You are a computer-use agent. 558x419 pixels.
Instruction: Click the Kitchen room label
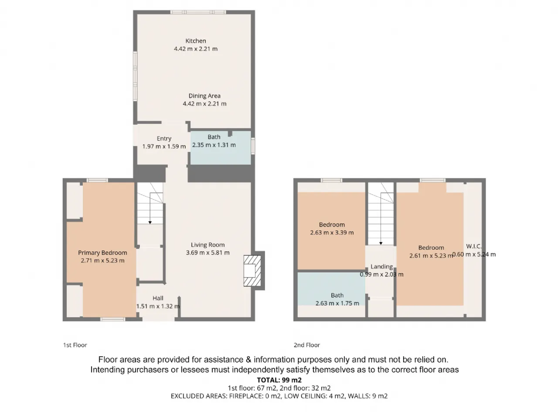pyautogui.click(x=195, y=41)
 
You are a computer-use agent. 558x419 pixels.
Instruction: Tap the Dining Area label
pyautogui.click(x=204, y=96)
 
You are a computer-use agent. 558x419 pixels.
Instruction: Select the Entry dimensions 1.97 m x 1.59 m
pyautogui.click(x=164, y=146)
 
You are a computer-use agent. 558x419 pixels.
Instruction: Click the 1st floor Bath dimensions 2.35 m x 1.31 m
pyautogui.click(x=214, y=145)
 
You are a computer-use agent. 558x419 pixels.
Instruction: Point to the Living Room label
pyautogui.click(x=208, y=245)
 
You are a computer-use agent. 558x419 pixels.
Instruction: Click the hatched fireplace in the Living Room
pyautogui.click(x=252, y=271)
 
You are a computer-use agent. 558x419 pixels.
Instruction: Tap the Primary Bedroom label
pyautogui.click(x=102, y=253)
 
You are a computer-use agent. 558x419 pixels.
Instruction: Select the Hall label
pyautogui.click(x=158, y=298)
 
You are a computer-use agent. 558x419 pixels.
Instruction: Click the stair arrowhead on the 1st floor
pyautogui.click(x=150, y=223)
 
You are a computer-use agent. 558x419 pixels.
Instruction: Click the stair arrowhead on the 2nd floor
pyautogui.click(x=381, y=244)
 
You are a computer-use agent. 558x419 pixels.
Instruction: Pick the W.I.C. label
pyautogui.click(x=474, y=246)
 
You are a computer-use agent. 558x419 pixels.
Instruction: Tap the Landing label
pyautogui.click(x=381, y=267)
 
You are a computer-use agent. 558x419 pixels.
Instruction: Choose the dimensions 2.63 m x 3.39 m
pyautogui.click(x=332, y=233)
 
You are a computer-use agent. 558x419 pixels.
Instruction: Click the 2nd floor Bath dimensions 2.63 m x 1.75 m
pyautogui.click(x=337, y=303)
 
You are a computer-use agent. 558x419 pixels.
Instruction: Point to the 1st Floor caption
pyautogui.click(x=75, y=345)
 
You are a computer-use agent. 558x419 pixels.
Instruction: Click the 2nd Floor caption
pyautogui.click(x=307, y=345)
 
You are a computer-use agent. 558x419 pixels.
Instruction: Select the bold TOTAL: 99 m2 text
pyautogui.click(x=279, y=380)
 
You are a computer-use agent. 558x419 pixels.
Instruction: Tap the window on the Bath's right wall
pyautogui.click(x=253, y=146)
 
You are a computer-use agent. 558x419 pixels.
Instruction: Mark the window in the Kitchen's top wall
pyautogui.click(x=198, y=12)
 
